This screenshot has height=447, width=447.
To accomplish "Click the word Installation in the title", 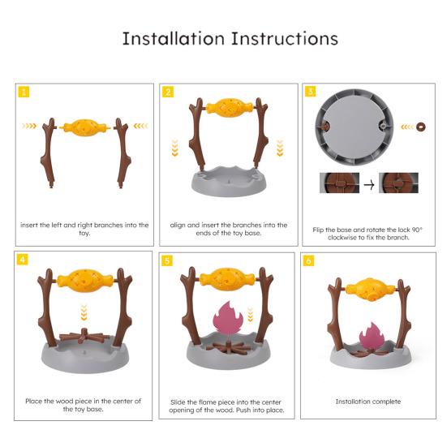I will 172,39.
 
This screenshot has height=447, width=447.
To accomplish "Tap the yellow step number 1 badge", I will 24,92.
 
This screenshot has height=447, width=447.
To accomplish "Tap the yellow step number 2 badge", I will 168,92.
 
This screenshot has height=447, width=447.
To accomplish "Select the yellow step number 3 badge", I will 311,92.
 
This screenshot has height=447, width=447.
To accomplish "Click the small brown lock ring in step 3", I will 419,127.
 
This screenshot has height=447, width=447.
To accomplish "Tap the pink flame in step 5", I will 225,321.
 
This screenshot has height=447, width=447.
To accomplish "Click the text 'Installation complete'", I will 368,401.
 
